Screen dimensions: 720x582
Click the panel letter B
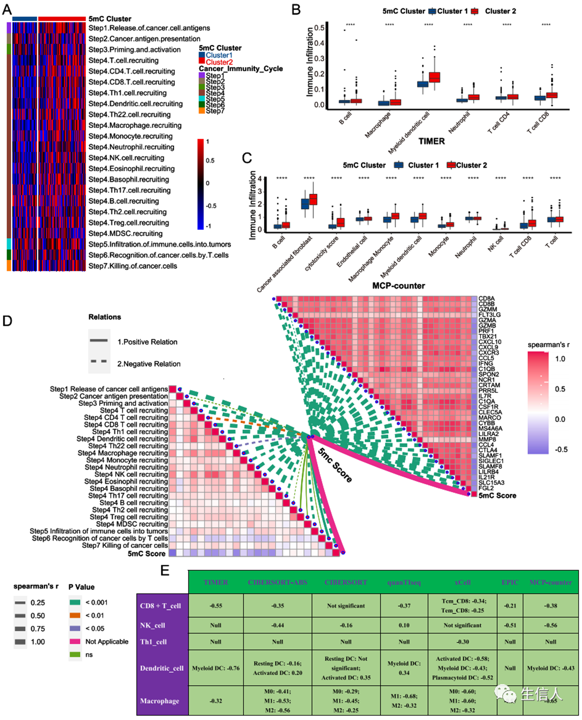point(296,10)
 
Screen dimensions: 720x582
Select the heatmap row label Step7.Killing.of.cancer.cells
point(133,266)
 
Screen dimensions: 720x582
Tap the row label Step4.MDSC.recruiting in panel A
point(125,234)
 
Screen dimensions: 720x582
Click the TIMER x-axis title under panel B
point(432,141)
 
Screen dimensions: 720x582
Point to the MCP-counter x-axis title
point(398,286)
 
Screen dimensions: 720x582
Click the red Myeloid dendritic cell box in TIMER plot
point(434,77)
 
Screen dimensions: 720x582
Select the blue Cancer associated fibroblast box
point(305,204)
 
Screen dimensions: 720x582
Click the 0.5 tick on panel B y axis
point(320,28)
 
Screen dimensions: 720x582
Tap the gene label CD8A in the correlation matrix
point(486,298)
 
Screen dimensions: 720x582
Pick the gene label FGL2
point(486,488)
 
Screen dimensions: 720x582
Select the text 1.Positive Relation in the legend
point(147,342)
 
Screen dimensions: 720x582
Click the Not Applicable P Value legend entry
point(107,642)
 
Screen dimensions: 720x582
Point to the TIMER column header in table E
point(216,582)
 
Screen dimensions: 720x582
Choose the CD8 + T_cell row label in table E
point(160,606)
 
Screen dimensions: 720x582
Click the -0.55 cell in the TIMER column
point(216,606)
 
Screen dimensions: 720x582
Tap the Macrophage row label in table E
point(160,701)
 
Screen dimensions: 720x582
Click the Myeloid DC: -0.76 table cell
point(216,668)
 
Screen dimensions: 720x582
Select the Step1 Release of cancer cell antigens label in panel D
point(109,389)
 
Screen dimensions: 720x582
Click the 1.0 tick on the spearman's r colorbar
point(560,359)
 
